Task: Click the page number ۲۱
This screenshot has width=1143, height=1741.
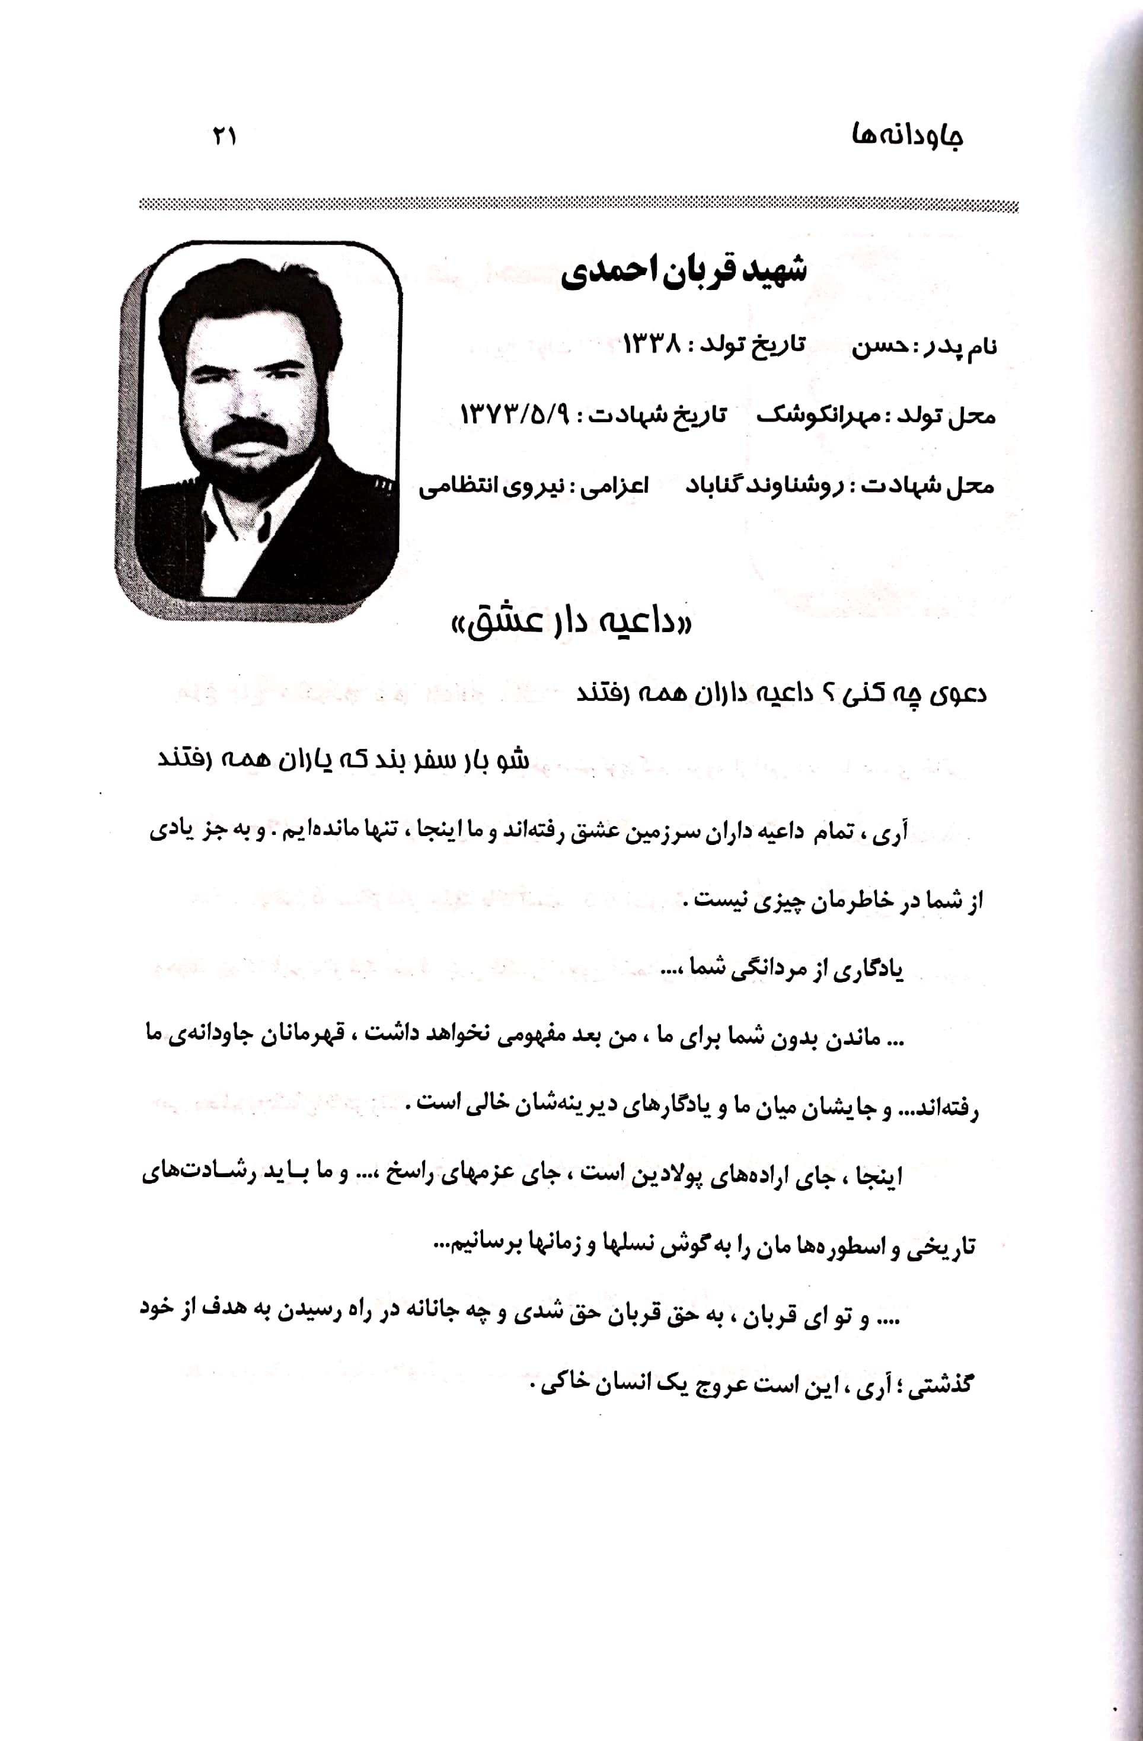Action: point(225,137)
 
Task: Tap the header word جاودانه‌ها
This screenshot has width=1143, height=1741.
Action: point(907,137)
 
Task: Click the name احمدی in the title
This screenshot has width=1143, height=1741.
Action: point(599,272)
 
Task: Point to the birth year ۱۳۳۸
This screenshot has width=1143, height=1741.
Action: point(652,344)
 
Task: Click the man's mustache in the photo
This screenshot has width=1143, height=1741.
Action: point(247,436)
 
